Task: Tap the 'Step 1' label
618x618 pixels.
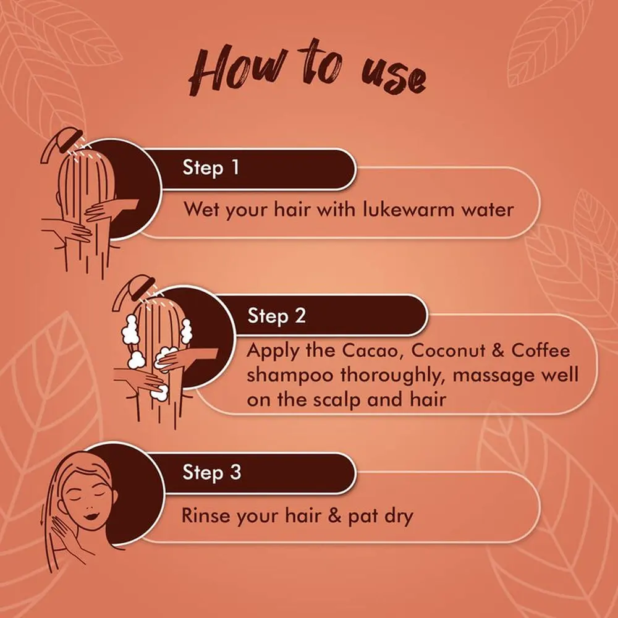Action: (x=211, y=168)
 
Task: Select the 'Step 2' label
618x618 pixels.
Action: (x=277, y=316)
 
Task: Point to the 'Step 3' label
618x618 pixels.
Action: (x=211, y=472)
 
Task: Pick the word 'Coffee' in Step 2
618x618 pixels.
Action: (x=541, y=350)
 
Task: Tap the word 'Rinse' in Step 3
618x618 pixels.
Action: (x=205, y=515)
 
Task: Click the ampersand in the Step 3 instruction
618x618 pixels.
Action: (x=334, y=515)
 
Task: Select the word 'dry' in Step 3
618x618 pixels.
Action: (x=399, y=516)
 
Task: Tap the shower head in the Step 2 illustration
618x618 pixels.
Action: (x=134, y=290)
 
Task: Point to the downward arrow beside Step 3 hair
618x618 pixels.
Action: (x=43, y=514)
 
